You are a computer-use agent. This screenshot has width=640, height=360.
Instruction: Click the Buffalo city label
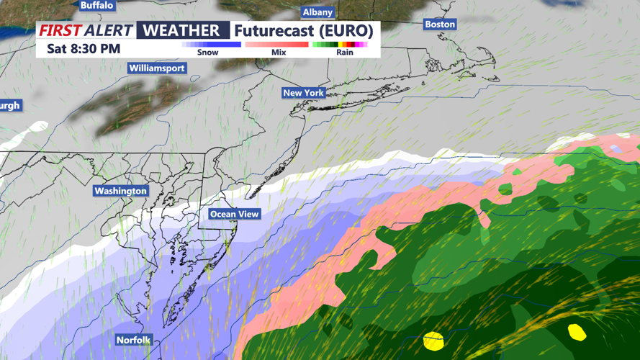pyautogui.click(x=96, y=5)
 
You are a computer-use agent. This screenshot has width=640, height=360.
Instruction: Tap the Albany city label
pyautogui.click(x=317, y=12)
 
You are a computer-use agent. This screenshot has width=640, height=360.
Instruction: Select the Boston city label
pyautogui.click(x=440, y=24)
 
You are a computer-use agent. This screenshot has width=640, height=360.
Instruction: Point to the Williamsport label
pyautogui.click(x=157, y=68)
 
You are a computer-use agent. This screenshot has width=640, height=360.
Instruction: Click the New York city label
pyautogui.click(x=303, y=93)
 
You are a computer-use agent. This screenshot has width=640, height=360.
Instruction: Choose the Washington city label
pyautogui.click(x=120, y=191)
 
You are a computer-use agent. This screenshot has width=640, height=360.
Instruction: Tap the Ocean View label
pyautogui.click(x=235, y=214)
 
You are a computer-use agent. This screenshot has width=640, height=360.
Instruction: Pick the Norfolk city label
pyautogui.click(x=133, y=340)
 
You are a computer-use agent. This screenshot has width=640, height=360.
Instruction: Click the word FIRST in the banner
pyautogui.click(x=60, y=30)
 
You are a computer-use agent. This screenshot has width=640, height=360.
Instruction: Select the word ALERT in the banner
pyautogui.click(x=109, y=30)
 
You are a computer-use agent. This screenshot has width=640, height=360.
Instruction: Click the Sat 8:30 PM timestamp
pyautogui.click(x=84, y=49)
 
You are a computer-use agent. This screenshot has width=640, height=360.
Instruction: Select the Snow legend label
pyautogui.click(x=208, y=53)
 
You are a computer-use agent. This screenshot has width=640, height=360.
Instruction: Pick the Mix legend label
pyautogui.click(x=279, y=53)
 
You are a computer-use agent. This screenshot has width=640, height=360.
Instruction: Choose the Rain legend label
pyautogui.click(x=345, y=53)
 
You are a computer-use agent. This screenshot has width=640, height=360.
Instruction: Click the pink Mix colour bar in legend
pyautogui.click(x=277, y=45)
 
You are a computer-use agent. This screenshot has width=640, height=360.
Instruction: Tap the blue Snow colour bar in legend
pyautogui.click(x=211, y=45)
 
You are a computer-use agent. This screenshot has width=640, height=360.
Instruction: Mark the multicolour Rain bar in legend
pyautogui.click(x=341, y=45)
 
